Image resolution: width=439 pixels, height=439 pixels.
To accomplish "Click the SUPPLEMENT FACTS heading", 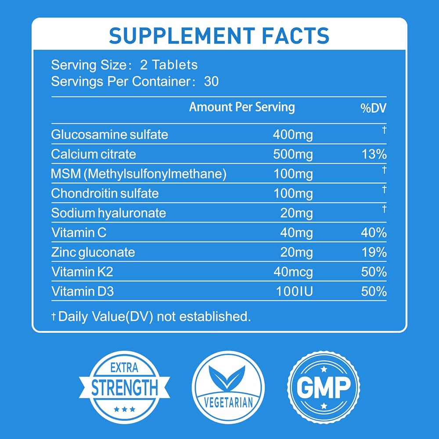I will (219, 36).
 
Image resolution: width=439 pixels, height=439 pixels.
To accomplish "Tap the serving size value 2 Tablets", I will (169, 65).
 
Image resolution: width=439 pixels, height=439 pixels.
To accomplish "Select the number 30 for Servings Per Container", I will (211, 82).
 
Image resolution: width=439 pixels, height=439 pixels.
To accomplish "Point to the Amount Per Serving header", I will (242, 107).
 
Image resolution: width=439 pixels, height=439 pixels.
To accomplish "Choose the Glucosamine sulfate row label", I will (109, 134).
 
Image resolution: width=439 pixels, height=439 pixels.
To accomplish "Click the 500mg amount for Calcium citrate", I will (293, 155).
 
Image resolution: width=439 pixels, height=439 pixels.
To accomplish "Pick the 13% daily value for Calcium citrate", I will (374, 155).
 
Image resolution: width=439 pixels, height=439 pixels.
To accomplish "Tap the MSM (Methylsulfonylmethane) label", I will (139, 174).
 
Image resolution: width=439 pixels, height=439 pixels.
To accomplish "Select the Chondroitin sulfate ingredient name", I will (105, 193).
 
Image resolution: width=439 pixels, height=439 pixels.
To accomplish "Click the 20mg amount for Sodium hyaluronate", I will (297, 213).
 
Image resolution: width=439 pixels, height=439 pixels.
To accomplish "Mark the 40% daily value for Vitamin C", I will (374, 233).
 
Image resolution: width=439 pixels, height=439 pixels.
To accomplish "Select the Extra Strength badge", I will (124, 386).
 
